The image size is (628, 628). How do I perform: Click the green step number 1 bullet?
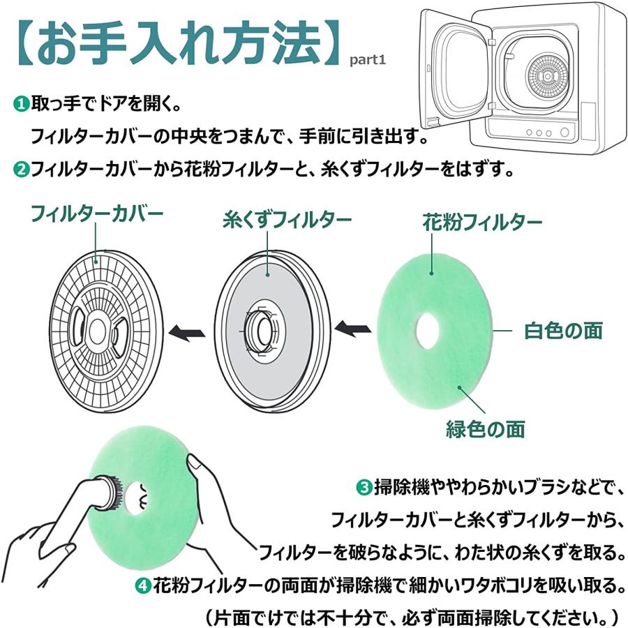coord(22,104)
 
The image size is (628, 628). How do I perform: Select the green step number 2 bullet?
coord(22,168)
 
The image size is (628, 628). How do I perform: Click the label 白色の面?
coord(563,331)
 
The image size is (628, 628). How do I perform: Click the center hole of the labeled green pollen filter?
coord(426,328)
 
